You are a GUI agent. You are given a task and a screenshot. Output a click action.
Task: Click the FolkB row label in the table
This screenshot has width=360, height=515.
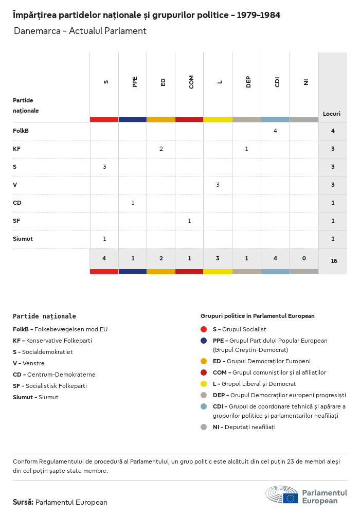(21, 131)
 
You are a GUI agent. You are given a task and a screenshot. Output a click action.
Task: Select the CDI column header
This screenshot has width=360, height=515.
(277, 82)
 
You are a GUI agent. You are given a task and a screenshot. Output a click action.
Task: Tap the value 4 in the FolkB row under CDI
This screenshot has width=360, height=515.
(275, 131)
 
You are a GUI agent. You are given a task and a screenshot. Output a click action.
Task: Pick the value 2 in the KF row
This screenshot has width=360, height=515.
(161, 149)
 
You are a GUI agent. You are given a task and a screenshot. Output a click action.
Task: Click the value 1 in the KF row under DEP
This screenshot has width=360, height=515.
(246, 149)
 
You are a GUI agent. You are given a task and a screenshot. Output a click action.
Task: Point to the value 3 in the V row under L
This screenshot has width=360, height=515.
(218, 185)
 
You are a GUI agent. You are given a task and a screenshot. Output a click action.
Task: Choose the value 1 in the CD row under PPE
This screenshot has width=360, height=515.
(133, 203)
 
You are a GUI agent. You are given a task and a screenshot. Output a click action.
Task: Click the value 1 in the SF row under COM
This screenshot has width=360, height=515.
(189, 221)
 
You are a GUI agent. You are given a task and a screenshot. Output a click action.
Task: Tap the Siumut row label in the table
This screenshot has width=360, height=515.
(23, 239)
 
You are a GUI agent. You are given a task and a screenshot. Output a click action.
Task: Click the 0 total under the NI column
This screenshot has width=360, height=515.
(303, 258)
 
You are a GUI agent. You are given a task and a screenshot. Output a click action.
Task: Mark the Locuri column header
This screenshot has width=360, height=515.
(332, 114)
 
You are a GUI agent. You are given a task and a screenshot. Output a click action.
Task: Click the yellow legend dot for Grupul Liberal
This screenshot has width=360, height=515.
(204, 384)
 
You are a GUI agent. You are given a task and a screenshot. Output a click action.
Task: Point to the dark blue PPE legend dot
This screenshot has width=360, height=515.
(204, 341)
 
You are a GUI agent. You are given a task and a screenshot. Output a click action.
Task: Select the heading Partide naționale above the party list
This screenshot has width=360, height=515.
(44, 316)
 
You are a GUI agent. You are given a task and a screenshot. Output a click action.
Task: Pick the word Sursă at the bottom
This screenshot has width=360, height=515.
(23, 502)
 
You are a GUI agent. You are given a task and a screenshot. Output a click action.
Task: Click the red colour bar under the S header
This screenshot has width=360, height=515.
(104, 119)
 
